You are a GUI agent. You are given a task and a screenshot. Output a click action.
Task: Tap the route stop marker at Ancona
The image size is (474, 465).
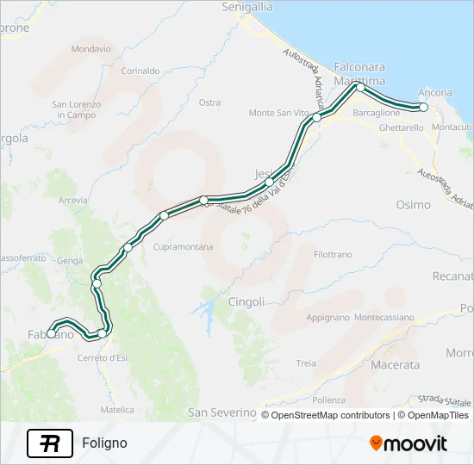(x=423, y=107)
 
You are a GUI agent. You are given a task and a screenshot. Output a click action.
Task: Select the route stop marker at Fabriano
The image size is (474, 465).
(x=52, y=333)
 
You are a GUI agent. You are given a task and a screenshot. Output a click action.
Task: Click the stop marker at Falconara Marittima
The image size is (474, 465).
(x=360, y=88)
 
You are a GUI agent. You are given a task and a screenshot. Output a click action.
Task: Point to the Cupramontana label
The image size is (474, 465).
(x=182, y=247)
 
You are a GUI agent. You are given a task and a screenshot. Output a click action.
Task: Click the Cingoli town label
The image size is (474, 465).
(x=246, y=301)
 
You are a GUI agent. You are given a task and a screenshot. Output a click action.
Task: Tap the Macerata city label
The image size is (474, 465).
(x=395, y=364)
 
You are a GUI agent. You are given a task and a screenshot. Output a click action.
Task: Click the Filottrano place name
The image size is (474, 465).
(x=334, y=254)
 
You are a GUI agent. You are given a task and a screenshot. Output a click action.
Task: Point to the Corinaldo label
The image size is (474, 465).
(x=140, y=71)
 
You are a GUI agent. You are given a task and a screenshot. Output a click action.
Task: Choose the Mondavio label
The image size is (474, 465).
(x=91, y=49)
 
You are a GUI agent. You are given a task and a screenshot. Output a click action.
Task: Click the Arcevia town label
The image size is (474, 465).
(x=72, y=201)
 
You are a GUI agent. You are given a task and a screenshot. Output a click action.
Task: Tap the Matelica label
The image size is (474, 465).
(x=117, y=410)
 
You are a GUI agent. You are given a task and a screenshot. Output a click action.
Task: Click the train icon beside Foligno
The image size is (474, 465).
(x=50, y=443)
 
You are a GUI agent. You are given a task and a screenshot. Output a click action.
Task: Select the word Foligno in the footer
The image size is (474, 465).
(x=104, y=443)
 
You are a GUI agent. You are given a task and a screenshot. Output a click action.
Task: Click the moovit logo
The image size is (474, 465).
(x=409, y=443)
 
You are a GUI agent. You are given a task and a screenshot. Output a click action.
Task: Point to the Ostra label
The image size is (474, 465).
(x=209, y=102)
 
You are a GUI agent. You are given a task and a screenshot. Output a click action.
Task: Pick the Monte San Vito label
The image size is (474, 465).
(x=278, y=113)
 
